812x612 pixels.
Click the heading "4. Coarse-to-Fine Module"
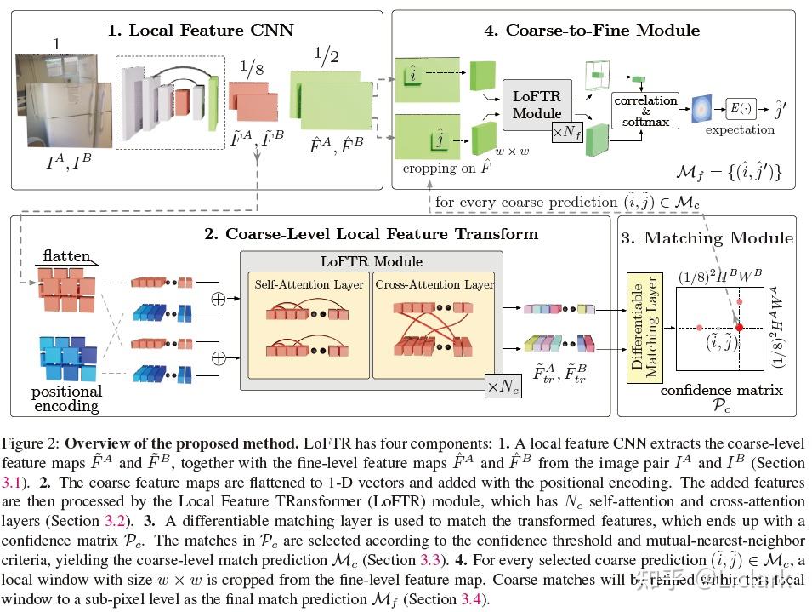click(x=592, y=31)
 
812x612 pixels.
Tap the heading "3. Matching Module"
click(x=707, y=238)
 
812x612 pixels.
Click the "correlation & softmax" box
click(x=646, y=111)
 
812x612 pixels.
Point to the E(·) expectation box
click(x=742, y=108)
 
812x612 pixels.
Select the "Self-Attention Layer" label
click(x=309, y=284)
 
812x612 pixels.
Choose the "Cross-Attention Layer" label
click(x=434, y=284)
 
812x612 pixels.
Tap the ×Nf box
click(x=566, y=132)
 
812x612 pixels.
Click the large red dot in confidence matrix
click(x=739, y=328)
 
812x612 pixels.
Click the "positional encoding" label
click(x=66, y=398)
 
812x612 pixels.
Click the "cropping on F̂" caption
click(x=441, y=169)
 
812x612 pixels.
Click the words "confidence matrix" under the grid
click(x=721, y=391)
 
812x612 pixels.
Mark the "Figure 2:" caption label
click(x=32, y=444)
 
